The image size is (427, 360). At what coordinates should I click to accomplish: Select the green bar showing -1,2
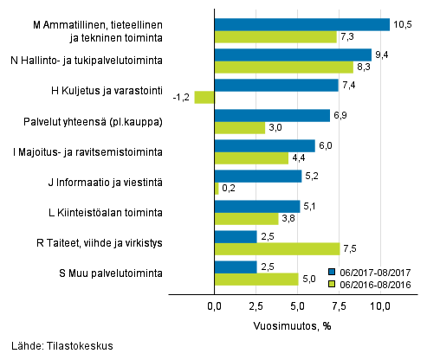coord(204,98)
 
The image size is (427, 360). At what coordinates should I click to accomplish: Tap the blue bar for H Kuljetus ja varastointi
coord(275,85)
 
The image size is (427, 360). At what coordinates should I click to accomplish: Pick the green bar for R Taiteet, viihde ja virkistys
coord(276,249)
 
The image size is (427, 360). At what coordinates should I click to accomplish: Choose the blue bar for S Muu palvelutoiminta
coord(235,267)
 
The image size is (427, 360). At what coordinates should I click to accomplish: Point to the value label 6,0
coord(326,145)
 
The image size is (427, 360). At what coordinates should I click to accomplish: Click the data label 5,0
coord(308,280)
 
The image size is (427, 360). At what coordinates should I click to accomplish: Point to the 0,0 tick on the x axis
coord(214,306)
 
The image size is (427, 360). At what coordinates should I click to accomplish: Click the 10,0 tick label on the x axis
coord(381,306)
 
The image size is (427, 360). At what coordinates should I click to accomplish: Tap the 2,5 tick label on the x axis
coord(256,306)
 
